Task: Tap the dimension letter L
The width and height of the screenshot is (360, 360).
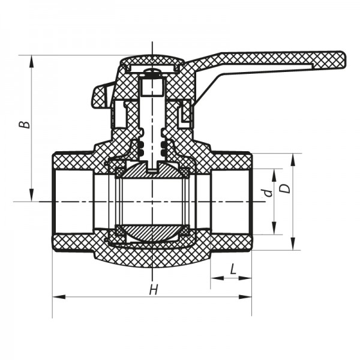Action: pos(232,271)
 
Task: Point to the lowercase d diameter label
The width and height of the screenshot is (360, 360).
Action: pos(268,193)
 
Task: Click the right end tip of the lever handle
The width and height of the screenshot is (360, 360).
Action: pos(344,59)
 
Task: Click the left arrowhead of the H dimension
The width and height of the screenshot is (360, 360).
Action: pos(56,296)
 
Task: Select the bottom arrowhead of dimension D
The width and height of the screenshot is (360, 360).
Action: pos(293,247)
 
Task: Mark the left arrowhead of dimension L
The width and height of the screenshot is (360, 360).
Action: pos(214,278)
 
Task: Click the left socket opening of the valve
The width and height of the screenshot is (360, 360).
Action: pos(72,201)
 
